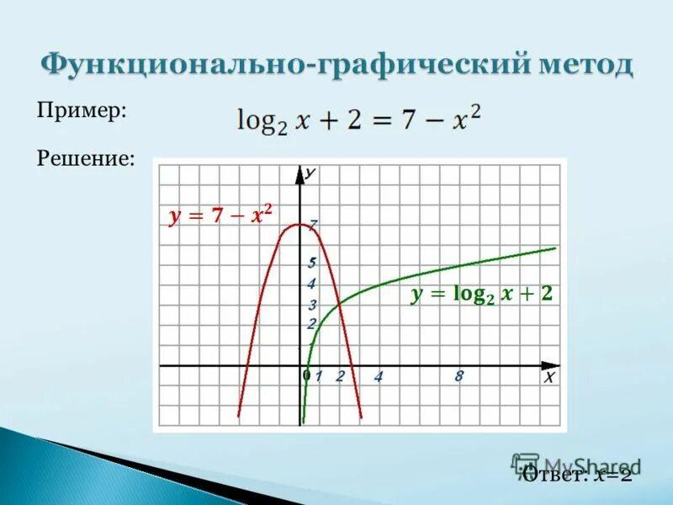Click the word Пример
point(81,111)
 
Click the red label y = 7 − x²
point(221,215)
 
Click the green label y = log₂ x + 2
point(481,294)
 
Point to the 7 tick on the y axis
point(313,225)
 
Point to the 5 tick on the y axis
point(312,263)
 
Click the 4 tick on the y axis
point(311,284)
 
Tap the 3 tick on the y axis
point(312,305)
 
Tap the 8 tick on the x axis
point(458,377)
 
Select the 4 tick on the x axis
point(379,377)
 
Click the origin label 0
point(306,375)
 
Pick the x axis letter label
point(548,378)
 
